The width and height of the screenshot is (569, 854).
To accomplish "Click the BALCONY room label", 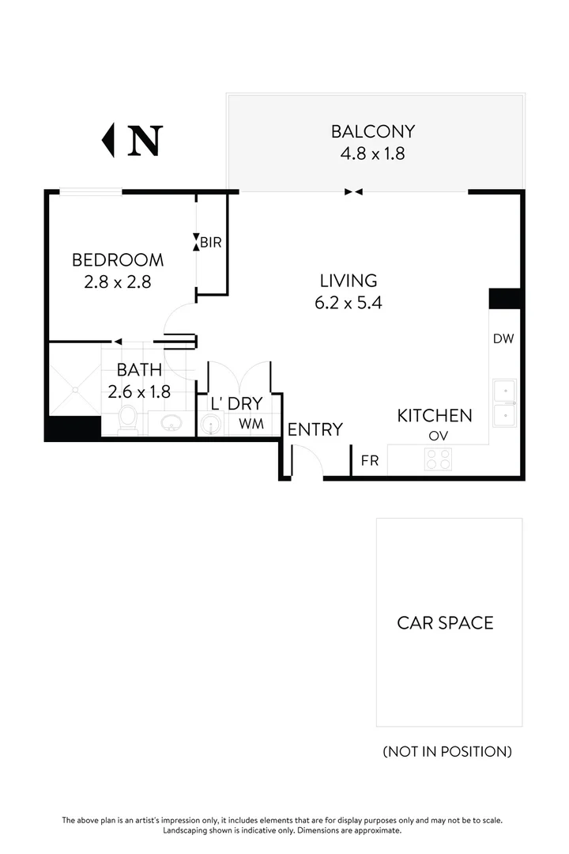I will tap(372, 131).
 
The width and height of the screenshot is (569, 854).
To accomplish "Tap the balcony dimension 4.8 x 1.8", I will tap(372, 153).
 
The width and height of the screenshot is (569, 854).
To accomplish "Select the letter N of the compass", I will tap(145, 140).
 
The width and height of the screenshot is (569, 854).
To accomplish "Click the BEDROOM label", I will tap(117, 259).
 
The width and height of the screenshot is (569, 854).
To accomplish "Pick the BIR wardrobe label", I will tap(210, 243).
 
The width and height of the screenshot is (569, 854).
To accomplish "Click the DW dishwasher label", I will tap(503, 339).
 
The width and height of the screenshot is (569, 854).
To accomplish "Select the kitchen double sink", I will tap(503, 403).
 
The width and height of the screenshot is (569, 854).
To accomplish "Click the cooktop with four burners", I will tap(439, 459).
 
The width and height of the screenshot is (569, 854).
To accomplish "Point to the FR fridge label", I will tap(369, 460).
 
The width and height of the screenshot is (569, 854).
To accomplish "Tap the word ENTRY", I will tap(315, 429).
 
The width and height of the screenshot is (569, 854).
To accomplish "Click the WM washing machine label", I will tap(251, 424).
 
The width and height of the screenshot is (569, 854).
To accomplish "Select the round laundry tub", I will tap(210, 425).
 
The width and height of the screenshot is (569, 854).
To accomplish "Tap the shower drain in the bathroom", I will tap(76, 388).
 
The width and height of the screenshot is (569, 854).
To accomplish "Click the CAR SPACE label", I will tap(445, 622).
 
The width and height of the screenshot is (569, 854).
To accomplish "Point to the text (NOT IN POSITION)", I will tap(447, 751).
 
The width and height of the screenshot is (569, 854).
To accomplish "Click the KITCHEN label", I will tap(435, 415).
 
